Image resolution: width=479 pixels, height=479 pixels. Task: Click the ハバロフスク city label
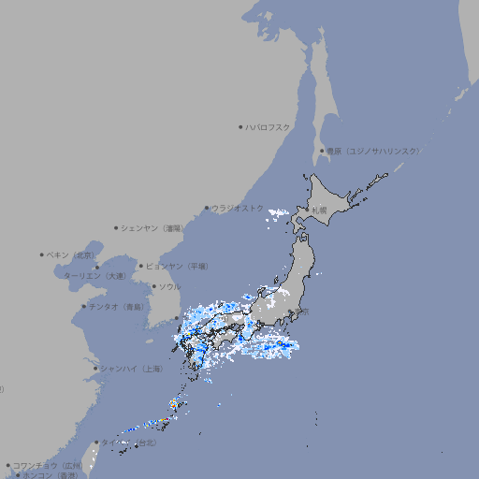pyautogui.click(x=269, y=126)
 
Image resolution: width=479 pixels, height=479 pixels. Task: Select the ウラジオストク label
pyautogui.click(x=238, y=208)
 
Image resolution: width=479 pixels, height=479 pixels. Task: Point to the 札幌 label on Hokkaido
pyautogui.click(x=320, y=210)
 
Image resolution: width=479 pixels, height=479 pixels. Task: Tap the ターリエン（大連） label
pyautogui.click(x=94, y=276)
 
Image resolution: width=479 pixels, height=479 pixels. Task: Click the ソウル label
pyautogui.click(x=169, y=286)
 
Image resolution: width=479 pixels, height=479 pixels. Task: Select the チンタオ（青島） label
pyautogui.click(x=117, y=307)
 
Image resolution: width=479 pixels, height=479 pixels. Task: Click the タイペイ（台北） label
pyautogui.click(x=130, y=442)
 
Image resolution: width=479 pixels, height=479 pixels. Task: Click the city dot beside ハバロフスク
pyautogui.click(x=240, y=126)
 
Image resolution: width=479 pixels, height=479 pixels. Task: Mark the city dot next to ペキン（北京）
pyautogui.click(x=42, y=254)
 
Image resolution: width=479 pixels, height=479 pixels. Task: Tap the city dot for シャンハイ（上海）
pyautogui.click(x=95, y=369)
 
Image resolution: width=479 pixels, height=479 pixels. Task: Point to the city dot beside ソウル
pyautogui.click(x=153, y=286)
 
